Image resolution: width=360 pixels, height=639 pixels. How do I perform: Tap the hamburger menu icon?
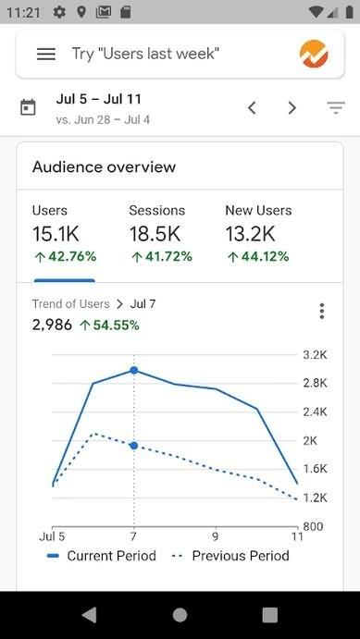coord(45,54)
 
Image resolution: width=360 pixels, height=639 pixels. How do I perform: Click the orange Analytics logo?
coord(314,54)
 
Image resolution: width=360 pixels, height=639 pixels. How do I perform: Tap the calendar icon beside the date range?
coord(29,107)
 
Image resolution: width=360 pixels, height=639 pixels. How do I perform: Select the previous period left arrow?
coord(252,108)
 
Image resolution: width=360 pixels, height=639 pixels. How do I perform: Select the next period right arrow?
coord(292,108)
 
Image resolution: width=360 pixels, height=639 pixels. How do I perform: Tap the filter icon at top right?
coord(335,108)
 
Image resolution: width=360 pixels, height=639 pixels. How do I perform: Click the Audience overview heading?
coord(104,167)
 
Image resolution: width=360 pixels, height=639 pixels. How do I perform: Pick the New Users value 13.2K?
coord(250,233)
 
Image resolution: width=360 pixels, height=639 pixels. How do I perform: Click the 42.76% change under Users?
coord(64,256)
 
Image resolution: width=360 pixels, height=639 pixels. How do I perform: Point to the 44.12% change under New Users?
coord(257,256)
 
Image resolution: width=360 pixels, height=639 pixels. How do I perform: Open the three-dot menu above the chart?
coord(321,311)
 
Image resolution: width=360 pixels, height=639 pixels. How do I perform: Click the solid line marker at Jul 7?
coord(134,370)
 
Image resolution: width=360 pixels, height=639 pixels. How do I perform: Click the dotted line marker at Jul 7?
coord(134,446)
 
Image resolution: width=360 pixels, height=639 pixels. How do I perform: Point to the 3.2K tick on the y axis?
coord(316,355)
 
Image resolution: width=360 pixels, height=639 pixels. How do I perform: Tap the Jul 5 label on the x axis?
coord(52,536)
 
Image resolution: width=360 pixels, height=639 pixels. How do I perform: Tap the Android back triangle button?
coord(89,615)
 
